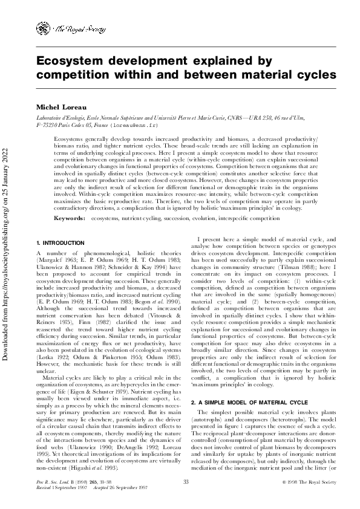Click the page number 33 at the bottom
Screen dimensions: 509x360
point(186,481)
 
